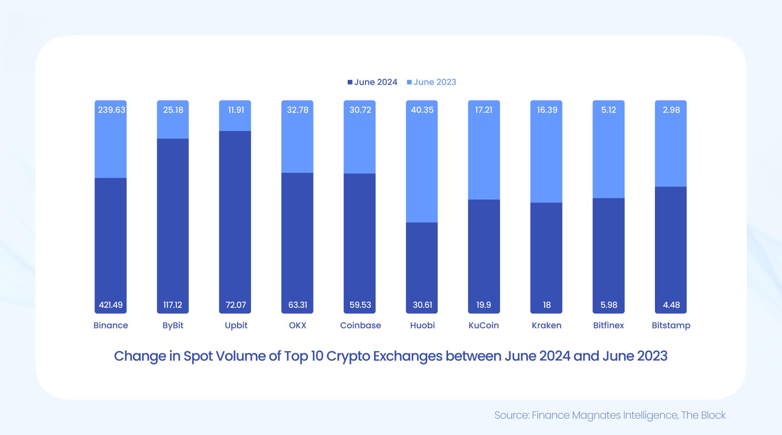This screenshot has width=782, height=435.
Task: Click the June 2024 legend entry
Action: pyautogui.click(x=372, y=82)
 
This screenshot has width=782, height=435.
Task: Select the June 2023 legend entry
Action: pyautogui.click(x=431, y=82)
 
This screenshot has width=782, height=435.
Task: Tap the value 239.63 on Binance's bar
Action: pyautogui.click(x=111, y=110)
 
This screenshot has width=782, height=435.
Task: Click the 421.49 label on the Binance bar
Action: pyautogui.click(x=110, y=305)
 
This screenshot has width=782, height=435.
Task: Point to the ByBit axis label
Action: pyautogui.click(x=173, y=325)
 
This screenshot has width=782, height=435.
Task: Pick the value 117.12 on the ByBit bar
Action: pyautogui.click(x=173, y=305)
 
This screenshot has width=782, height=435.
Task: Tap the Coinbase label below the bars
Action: pyautogui.click(x=360, y=325)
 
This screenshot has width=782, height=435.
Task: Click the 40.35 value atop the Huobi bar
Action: pyautogui.click(x=422, y=110)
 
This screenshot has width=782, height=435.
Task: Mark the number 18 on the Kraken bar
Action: pyautogui.click(x=547, y=305)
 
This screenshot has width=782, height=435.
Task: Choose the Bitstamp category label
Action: pyautogui.click(x=671, y=325)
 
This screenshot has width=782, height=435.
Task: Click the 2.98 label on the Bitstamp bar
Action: pyautogui.click(x=671, y=110)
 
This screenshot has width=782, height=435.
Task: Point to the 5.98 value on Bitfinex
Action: pyautogui.click(x=608, y=305)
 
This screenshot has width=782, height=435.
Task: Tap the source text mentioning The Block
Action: pyautogui.click(x=703, y=415)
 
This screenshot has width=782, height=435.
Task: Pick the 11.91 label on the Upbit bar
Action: pyautogui.click(x=236, y=110)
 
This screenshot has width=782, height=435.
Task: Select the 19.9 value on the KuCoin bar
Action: pyautogui.click(x=483, y=305)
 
